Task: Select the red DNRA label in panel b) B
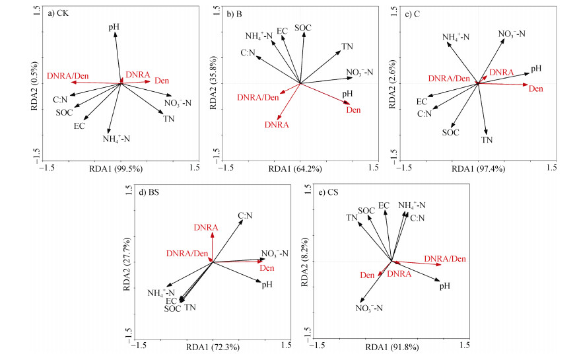(277, 124)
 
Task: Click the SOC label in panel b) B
(303, 27)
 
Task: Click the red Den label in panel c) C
(537, 88)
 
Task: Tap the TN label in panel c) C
(487, 140)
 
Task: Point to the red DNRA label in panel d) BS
(207, 228)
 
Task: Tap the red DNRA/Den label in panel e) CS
(444, 259)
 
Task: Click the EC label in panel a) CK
(79, 126)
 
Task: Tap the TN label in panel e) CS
(352, 217)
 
